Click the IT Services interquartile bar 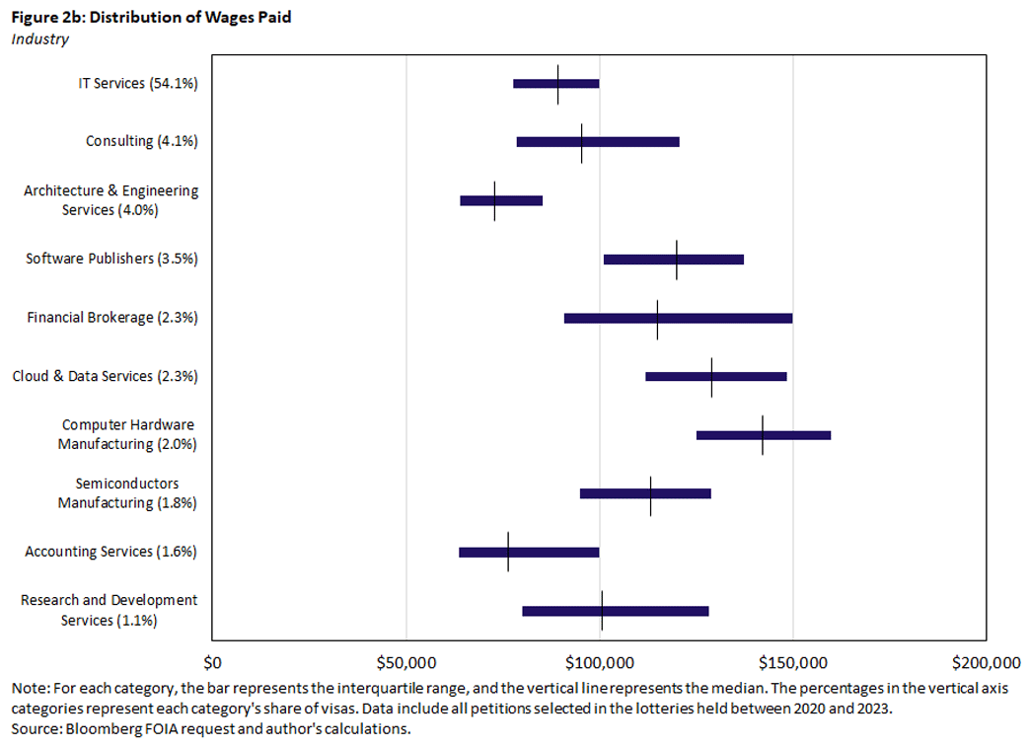[538, 84]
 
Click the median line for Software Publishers [677, 260]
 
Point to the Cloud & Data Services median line [711, 376]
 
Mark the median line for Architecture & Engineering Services [494, 200]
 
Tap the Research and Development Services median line [602, 611]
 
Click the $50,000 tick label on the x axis [405, 661]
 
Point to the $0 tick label [212, 661]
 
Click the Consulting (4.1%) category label [142, 141]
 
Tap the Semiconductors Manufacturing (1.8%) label [127, 493]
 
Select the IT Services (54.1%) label [138, 84]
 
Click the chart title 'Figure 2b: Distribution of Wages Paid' [151, 18]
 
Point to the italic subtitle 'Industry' [39, 39]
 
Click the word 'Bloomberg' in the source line [91, 728]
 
